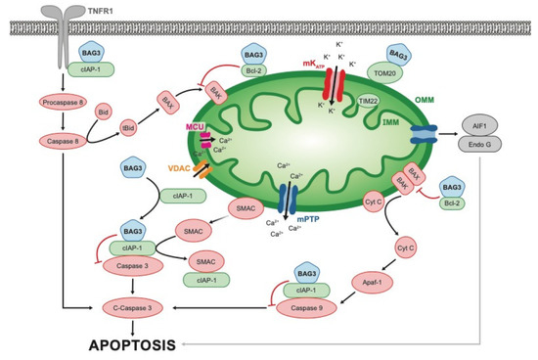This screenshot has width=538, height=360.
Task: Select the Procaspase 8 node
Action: coord(65,102)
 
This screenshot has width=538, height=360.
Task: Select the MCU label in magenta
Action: coord(194,126)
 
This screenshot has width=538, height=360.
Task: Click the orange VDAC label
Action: coord(183,167)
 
